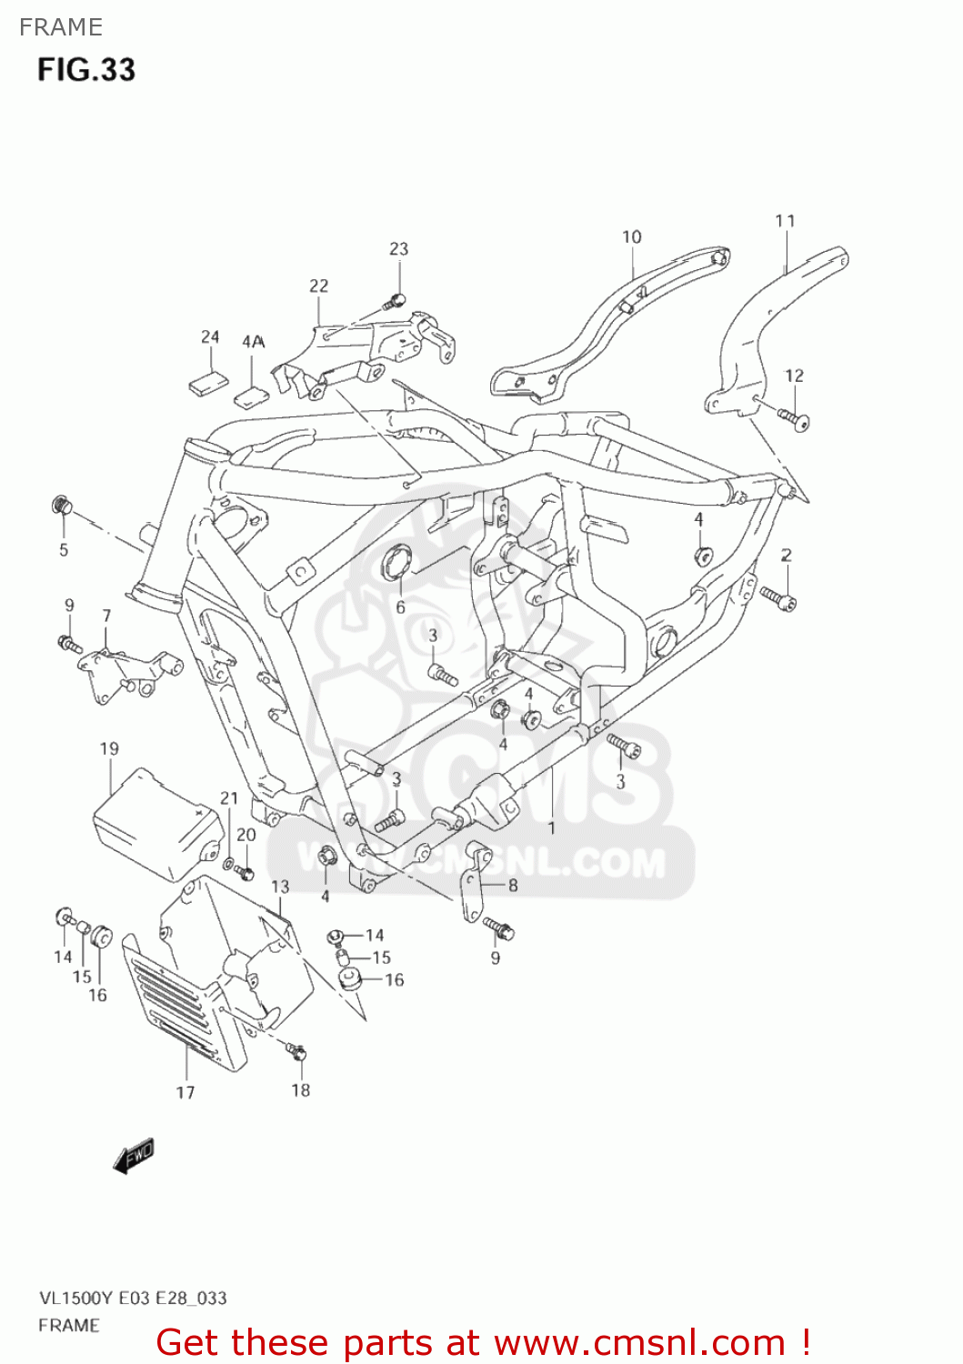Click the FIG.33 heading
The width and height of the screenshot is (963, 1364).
[x=86, y=70]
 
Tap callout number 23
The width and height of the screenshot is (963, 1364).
[x=399, y=249]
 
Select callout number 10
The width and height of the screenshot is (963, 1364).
[x=632, y=237]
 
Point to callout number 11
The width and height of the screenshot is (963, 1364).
[x=786, y=221]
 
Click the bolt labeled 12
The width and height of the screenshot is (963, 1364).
[x=794, y=418]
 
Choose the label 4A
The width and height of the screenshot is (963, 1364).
[x=253, y=342]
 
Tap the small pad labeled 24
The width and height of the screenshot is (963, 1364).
[x=206, y=383]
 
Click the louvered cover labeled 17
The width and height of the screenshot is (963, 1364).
[x=182, y=1000]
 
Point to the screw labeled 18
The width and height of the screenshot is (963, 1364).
[x=296, y=1052]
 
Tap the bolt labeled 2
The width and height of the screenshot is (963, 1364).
[x=778, y=597]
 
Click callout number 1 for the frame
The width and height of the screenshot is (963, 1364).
[x=551, y=828]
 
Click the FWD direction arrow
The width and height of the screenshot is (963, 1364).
[x=134, y=1156]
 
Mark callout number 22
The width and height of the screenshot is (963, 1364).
[x=318, y=286]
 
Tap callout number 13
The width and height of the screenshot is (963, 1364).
[x=280, y=887]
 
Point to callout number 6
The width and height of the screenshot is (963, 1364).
[x=400, y=607]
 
